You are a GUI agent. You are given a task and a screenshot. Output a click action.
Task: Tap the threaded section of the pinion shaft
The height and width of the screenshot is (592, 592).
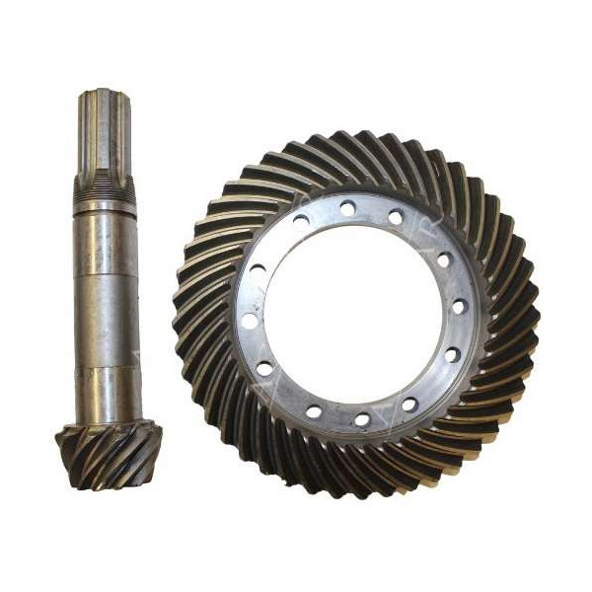pyautogui.click(x=104, y=186)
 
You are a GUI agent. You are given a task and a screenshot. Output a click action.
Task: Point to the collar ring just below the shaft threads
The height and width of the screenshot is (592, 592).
pyautogui.click(x=104, y=206)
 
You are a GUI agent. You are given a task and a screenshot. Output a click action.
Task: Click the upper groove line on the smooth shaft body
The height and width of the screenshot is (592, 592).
pyautogui.click(x=105, y=239)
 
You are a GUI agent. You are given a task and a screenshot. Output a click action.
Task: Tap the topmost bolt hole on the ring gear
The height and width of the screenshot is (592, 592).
pyautogui.click(x=348, y=207)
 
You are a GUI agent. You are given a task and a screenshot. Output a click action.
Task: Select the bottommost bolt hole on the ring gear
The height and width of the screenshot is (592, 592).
pyautogui.click(x=361, y=419)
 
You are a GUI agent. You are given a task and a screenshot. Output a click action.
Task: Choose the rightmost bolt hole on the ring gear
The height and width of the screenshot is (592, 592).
pyautogui.click(x=459, y=307)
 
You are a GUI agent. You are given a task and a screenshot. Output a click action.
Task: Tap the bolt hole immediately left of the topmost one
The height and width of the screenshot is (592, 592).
pyautogui.click(x=301, y=221)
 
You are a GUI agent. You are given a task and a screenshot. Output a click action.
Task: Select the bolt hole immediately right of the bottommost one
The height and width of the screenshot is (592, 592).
pyautogui.click(x=408, y=405)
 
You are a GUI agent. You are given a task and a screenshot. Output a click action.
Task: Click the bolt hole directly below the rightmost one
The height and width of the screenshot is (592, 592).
pyautogui.click(x=452, y=354)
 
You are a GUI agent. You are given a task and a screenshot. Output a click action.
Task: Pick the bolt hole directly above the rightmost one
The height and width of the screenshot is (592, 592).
pyautogui.click(x=443, y=260)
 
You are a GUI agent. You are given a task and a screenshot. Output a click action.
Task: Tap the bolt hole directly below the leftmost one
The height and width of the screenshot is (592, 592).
pyautogui.click(x=265, y=368)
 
